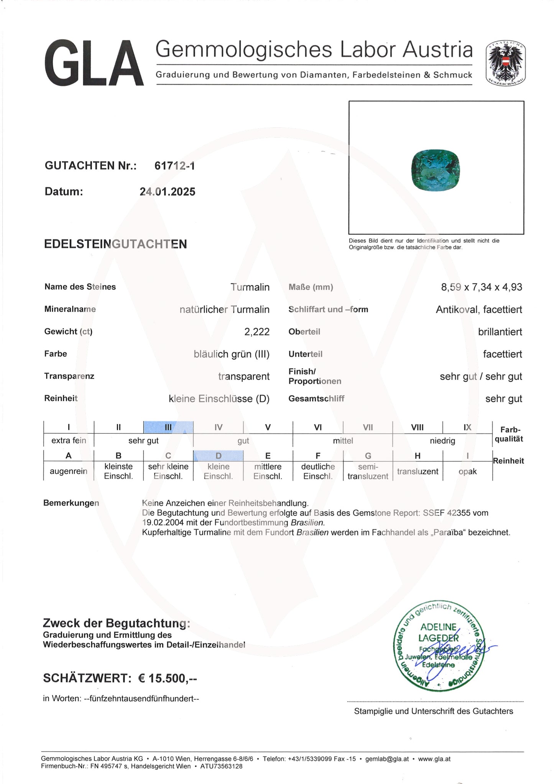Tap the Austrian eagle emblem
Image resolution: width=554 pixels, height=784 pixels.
click(x=505, y=63)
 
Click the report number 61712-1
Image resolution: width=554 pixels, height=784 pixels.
click(x=174, y=166)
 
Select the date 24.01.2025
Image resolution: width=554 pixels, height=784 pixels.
click(x=168, y=192)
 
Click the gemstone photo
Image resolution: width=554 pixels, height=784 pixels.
click(x=435, y=169)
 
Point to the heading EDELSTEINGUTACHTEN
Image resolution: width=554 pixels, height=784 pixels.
click(x=115, y=244)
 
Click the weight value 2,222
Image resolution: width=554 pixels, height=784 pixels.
click(x=257, y=332)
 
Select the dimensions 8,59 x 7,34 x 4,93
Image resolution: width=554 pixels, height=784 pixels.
click(x=481, y=287)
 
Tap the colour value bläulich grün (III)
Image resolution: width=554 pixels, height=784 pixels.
click(x=232, y=354)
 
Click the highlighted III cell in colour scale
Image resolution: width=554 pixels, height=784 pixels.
click(x=168, y=427)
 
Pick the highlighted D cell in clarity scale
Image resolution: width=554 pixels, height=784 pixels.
click(x=218, y=456)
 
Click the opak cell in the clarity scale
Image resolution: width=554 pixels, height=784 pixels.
click(x=467, y=471)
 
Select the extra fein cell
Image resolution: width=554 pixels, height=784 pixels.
click(x=69, y=441)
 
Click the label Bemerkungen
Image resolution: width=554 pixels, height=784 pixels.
click(x=71, y=503)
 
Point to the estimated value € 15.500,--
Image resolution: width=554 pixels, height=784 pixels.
click(x=168, y=679)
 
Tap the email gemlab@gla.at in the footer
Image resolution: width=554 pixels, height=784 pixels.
click(x=387, y=759)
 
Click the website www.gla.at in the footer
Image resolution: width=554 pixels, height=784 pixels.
click(x=434, y=759)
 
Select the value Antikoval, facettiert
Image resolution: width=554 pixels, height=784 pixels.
click(x=478, y=310)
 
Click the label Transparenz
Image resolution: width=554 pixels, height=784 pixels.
click(x=69, y=376)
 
